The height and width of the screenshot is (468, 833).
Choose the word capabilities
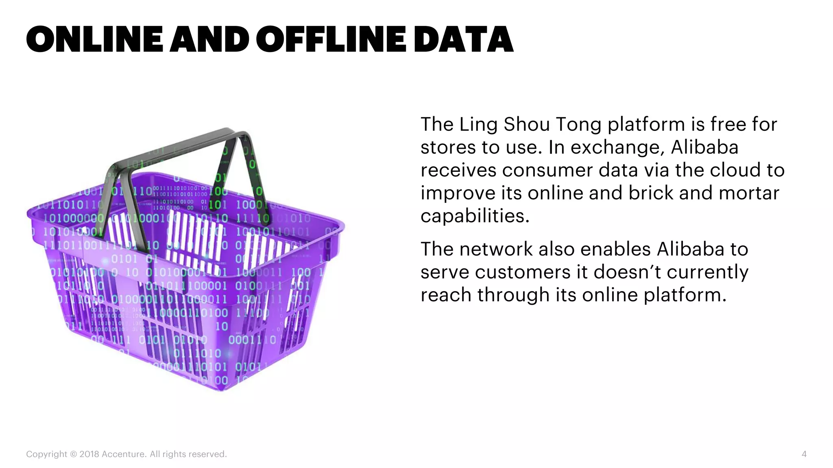[475, 216]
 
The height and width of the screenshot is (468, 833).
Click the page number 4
[804, 454]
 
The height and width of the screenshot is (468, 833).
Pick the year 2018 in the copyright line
[89, 454]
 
